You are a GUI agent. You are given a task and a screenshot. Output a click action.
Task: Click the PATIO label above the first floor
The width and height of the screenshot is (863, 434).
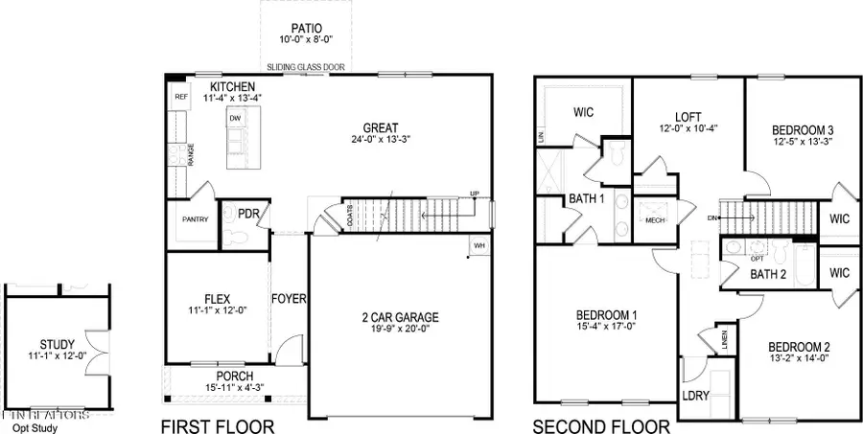[307, 29]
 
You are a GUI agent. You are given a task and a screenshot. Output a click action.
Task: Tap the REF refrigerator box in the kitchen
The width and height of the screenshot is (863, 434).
[180, 97]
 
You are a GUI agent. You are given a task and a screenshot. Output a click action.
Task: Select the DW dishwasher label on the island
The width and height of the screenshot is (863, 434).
[234, 119]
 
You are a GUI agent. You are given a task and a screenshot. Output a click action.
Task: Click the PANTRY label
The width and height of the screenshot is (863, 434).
[195, 219]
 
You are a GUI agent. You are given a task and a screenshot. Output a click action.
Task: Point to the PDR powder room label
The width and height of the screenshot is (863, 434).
[249, 214]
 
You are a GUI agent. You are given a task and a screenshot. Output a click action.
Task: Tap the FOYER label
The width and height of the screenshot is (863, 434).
[288, 299]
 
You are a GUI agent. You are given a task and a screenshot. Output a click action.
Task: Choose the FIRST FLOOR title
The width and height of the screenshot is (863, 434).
[217, 426]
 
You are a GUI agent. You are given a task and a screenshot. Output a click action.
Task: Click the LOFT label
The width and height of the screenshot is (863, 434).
[688, 117]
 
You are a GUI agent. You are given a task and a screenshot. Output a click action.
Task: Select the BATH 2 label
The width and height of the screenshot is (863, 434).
[767, 275]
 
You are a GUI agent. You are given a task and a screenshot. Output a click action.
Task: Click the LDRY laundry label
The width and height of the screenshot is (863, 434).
[694, 396]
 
